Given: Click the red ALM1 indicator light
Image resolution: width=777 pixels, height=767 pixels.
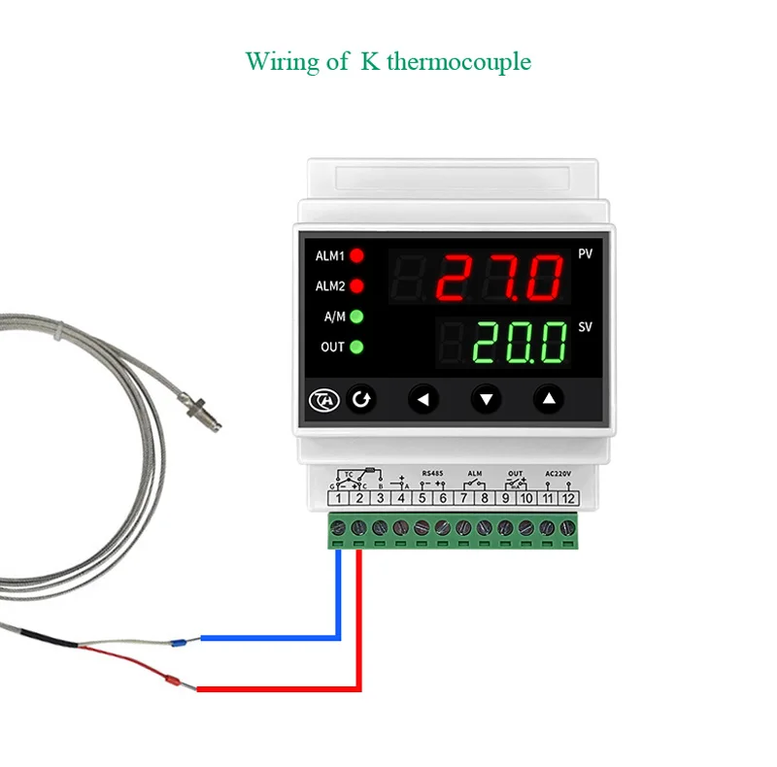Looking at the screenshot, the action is coord(356,256).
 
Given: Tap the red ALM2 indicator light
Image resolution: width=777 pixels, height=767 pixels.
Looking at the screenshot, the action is coord(356,286).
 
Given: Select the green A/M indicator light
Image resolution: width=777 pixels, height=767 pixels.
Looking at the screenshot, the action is coord(356,317).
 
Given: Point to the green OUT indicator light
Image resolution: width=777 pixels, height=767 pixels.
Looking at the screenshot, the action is coord(356,347).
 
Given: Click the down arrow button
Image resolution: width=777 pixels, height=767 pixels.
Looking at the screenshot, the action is coord(487,398).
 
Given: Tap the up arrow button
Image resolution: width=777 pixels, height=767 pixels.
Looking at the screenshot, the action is coord(549,398).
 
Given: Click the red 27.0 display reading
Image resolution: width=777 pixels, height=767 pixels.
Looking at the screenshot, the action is coord(499,278).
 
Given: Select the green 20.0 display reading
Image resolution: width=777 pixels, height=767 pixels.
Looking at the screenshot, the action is coord(520,343).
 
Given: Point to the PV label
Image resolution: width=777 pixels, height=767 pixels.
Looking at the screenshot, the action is coord(585,254).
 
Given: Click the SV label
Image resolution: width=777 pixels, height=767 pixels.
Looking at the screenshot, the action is coord(585,327).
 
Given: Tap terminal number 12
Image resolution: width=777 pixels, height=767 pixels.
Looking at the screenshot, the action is coord(569,498).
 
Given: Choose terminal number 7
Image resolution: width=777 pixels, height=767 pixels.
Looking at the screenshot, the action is coord(464,498).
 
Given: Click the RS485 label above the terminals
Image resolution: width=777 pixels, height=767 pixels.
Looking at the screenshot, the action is coord(433,474).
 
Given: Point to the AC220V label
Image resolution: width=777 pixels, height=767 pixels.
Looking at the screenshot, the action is coord(559,474).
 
